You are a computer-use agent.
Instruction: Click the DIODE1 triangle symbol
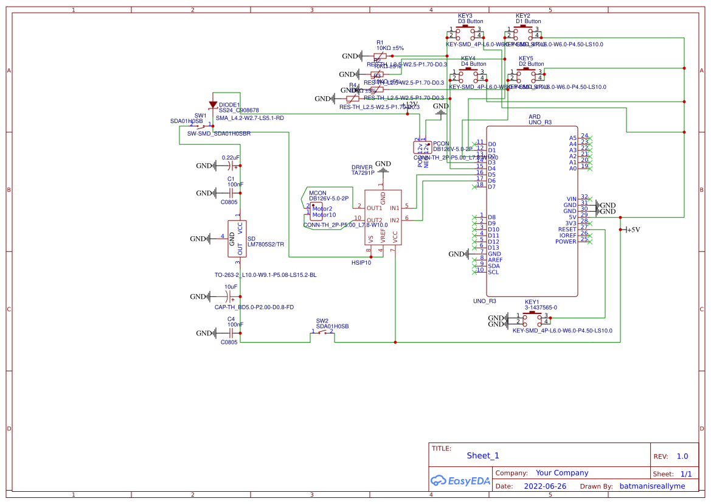pos(213,104)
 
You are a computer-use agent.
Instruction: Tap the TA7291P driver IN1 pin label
pos(395,208)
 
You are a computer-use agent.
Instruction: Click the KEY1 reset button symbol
pos(532,318)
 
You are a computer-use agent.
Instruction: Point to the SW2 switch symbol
pos(322,332)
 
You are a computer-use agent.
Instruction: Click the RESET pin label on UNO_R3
pos(567,229)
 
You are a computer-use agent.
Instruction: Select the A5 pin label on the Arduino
pos(572,138)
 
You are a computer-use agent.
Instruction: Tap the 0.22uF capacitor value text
pos(231,158)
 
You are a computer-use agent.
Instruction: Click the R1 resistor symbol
pos(380,56)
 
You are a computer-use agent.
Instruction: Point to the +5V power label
pos(633,230)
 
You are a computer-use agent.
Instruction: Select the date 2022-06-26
pos(545,486)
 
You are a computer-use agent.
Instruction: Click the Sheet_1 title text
pos(483,455)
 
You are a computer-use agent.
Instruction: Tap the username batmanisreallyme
pos(652,486)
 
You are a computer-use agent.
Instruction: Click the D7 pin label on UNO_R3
pos(491,187)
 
